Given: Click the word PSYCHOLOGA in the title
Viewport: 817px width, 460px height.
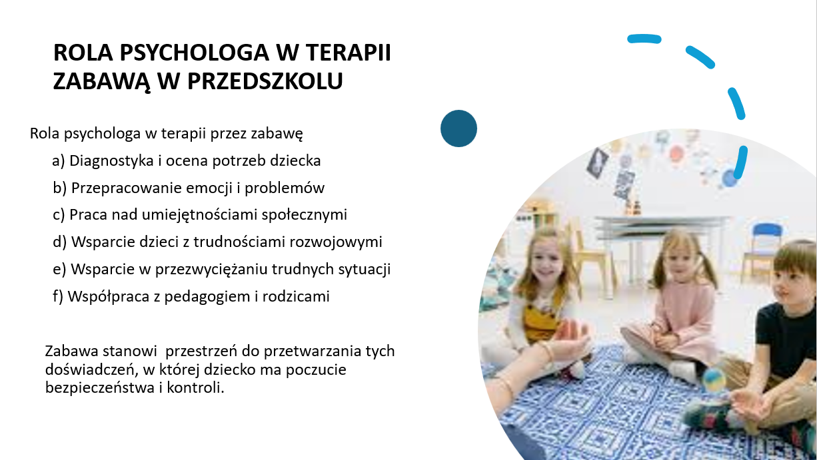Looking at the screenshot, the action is [194, 53].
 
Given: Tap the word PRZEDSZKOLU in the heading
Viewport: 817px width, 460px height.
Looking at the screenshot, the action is [265, 81].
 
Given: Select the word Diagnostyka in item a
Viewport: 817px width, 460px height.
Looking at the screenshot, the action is [111, 161].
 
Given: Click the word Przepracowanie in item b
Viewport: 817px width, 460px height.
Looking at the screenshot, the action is [126, 188].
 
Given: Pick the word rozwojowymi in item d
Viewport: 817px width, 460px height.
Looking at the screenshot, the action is [336, 242].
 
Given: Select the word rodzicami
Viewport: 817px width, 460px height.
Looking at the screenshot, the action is [296, 296].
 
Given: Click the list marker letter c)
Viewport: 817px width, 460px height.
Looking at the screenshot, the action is [59, 215].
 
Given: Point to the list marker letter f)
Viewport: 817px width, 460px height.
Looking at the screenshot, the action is [58, 297].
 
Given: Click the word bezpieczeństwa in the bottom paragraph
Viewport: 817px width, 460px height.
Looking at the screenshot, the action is [100, 387].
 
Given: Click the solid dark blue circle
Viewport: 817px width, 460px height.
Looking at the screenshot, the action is [459, 128].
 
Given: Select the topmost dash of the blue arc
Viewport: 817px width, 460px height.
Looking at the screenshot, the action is [644, 39].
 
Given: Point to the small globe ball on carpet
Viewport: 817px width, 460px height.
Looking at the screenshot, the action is [714, 379].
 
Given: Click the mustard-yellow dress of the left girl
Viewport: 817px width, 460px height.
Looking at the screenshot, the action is [540, 320].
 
